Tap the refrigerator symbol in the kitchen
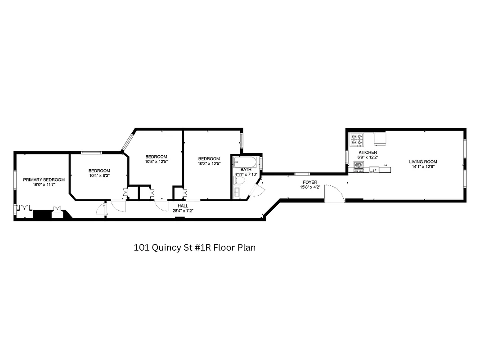380,139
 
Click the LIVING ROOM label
422,162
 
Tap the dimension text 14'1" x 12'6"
422,166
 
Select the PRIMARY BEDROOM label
44,180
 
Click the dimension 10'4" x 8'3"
99,175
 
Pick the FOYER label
310,182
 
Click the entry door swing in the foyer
334,193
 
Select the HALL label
183,206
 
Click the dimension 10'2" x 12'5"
209,163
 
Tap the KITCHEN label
368,153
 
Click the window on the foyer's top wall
302,174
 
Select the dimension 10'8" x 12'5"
156,162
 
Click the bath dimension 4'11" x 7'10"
246,174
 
